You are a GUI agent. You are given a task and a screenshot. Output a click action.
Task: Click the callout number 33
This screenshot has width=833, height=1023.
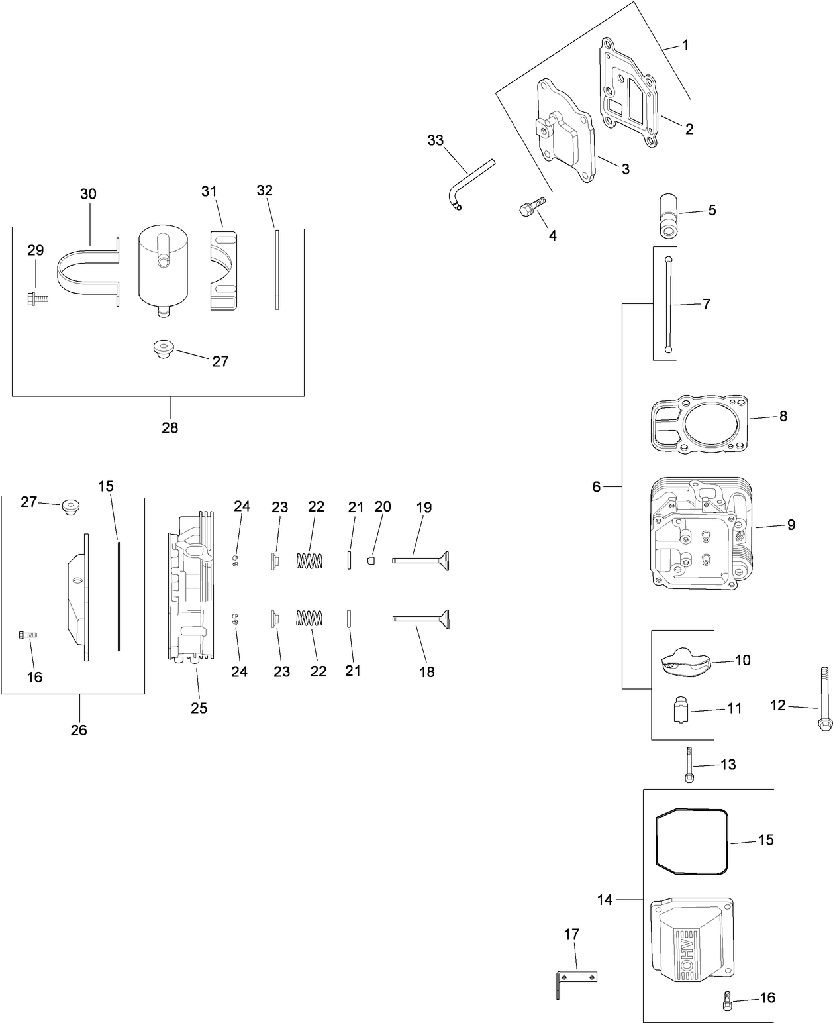(x=435, y=140)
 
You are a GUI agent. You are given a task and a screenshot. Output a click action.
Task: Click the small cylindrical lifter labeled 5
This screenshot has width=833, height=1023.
(x=668, y=215)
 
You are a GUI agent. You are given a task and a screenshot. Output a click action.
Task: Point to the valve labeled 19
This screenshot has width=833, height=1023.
(x=421, y=561)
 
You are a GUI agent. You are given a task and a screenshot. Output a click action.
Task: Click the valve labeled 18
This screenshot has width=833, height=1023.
(x=421, y=618)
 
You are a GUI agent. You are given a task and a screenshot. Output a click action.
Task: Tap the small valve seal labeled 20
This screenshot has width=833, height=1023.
(x=372, y=561)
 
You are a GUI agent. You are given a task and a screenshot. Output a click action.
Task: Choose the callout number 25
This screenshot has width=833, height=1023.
(x=199, y=708)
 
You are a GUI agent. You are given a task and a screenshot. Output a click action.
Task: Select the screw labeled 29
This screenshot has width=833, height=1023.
(x=38, y=299)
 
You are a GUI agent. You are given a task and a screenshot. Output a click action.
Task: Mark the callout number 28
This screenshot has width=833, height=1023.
(x=170, y=427)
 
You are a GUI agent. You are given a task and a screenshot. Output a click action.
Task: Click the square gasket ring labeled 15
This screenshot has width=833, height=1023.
(x=692, y=838)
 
